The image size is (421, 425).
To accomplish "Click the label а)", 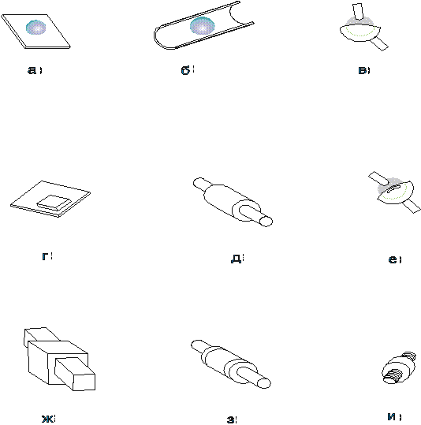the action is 35,70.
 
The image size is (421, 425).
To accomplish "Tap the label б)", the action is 188,70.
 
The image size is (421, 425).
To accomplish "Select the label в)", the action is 364,70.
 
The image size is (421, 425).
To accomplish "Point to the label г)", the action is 47,256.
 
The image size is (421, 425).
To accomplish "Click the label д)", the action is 237,259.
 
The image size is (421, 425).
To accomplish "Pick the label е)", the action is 395,259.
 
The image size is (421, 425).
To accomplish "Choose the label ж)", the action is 48,419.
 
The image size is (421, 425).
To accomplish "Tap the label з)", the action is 231,419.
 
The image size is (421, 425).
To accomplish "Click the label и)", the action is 394,416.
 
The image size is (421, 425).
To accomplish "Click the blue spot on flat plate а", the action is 35,28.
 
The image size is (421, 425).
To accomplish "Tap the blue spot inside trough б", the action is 203,26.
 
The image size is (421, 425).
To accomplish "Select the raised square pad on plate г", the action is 54,203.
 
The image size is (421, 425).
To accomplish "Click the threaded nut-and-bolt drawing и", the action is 398,367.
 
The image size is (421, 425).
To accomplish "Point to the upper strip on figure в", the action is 358,12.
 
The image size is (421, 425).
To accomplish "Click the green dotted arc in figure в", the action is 361,33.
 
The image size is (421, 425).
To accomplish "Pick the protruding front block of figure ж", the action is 75,374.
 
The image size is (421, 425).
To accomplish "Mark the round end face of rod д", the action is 266,222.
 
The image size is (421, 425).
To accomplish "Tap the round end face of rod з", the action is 264,383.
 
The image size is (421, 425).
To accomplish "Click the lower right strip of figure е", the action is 411,207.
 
